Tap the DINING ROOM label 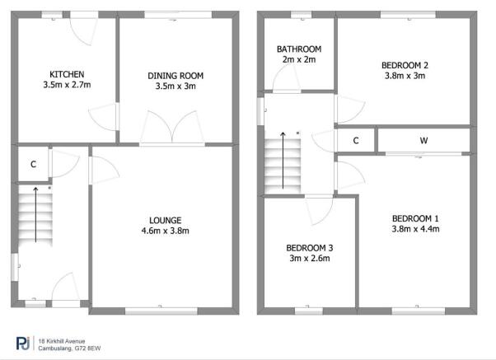(x=175, y=76)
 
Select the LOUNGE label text (x=165, y=220)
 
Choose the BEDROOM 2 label (x=404, y=65)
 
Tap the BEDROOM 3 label (x=308, y=247)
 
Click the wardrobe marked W (x=423, y=141)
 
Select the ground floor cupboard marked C (x=33, y=164)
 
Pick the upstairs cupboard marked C (x=356, y=141)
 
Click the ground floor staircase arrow (x=36, y=214)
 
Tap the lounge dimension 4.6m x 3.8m (x=165, y=231)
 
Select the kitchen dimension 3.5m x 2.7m (x=66, y=85)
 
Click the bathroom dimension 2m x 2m (x=298, y=59)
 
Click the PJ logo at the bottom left (x=21, y=342)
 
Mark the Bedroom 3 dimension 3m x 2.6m (x=308, y=258)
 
